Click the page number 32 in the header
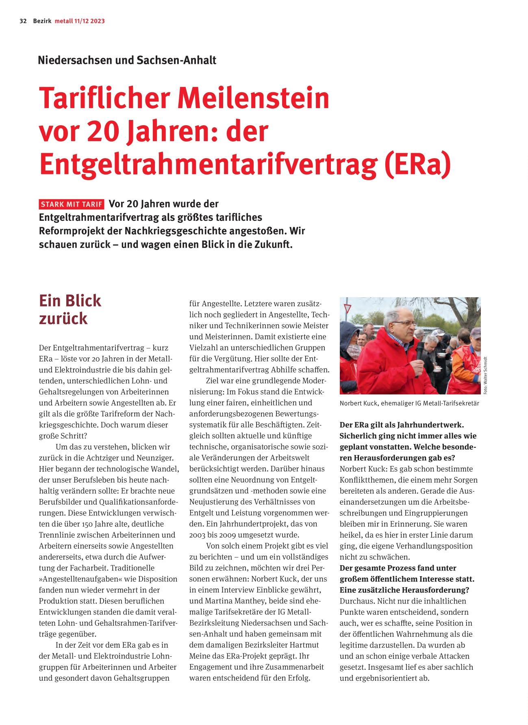pyautogui.click(x=23, y=21)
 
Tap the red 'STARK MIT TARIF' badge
pyautogui.click(x=72, y=204)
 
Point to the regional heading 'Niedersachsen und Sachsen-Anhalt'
pyautogui.click(x=127, y=61)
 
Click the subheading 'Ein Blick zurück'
pyautogui.click(x=70, y=309)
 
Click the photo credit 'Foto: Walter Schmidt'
pyautogui.click(x=485, y=374)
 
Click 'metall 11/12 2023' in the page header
pyautogui.click(x=80, y=21)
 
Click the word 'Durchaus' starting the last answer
pyautogui.click(x=356, y=601)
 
